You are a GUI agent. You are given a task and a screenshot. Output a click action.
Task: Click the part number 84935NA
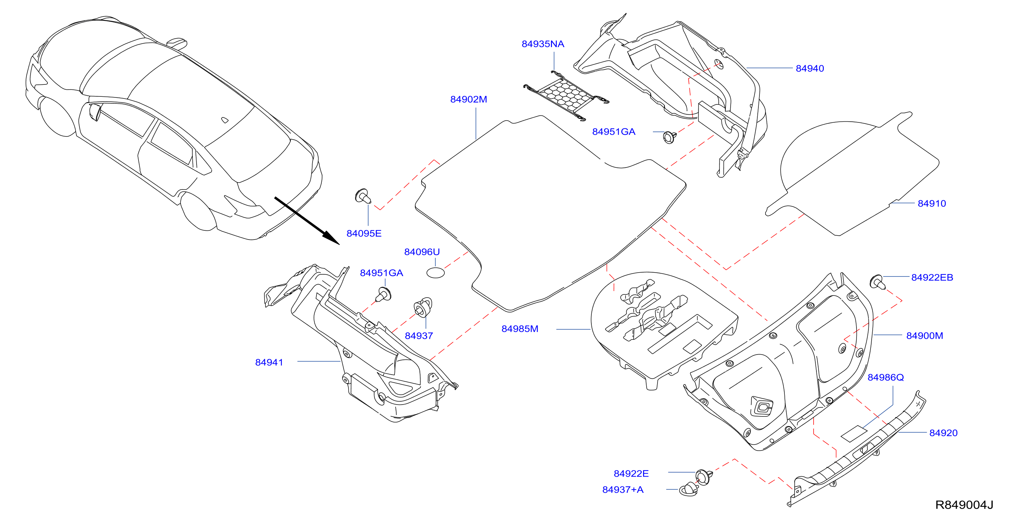[x=543, y=44]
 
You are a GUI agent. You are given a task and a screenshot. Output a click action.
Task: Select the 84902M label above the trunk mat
[x=468, y=100]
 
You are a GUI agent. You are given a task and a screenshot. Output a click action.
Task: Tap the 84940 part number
[x=810, y=69]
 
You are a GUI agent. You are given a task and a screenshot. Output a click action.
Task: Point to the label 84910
[x=931, y=203]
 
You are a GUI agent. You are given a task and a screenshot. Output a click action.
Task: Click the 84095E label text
[x=364, y=234]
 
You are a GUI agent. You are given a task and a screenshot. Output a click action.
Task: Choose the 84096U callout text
[x=422, y=252]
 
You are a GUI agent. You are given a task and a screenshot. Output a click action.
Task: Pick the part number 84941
[x=269, y=362]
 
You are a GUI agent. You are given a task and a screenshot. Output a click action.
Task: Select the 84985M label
[x=520, y=329]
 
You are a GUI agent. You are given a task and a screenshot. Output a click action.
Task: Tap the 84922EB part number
[x=932, y=278]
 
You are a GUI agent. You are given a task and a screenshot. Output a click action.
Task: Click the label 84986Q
[x=885, y=377]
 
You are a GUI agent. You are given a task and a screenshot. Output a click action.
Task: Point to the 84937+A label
[x=623, y=490]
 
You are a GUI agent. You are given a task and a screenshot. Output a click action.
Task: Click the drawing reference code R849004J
[x=964, y=505]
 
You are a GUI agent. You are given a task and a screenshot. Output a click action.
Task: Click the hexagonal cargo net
[x=566, y=96]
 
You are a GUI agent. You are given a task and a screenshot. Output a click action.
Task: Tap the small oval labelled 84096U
[x=436, y=273]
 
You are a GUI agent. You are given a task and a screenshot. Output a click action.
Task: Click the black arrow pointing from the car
[x=307, y=220]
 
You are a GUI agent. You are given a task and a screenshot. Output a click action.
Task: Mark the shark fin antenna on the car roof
[x=177, y=42]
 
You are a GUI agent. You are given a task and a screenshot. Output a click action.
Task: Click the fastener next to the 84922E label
[x=704, y=476]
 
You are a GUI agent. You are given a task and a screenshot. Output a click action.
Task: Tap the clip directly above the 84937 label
[x=423, y=307]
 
